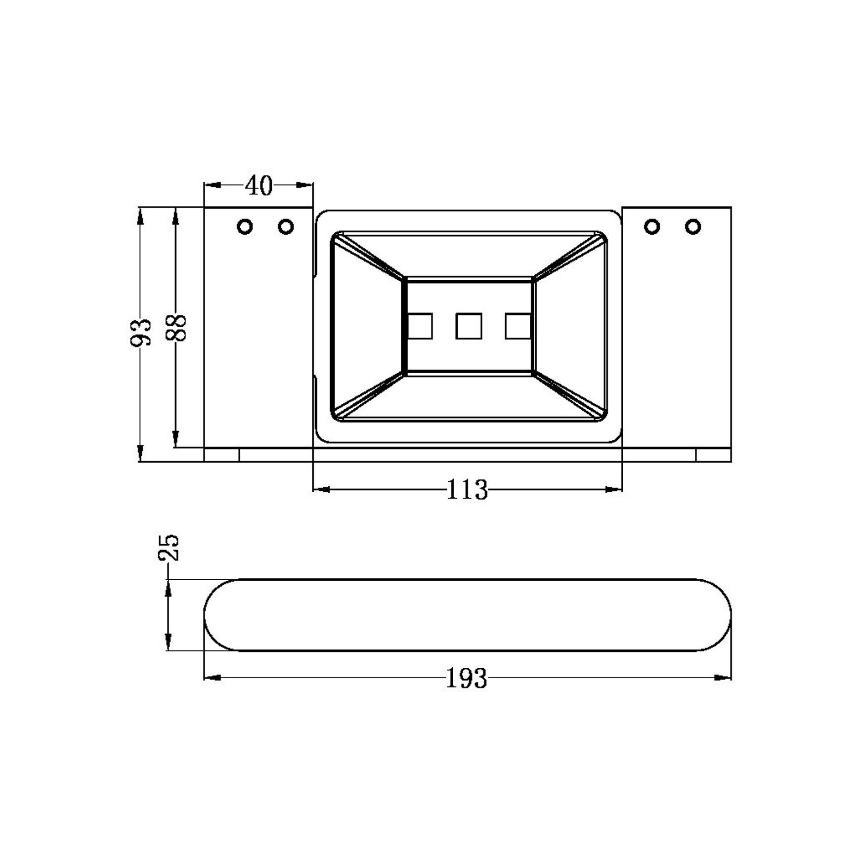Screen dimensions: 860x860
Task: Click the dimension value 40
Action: click(259, 186)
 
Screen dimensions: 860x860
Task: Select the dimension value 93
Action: click(140, 332)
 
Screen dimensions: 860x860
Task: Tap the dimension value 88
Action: click(176, 327)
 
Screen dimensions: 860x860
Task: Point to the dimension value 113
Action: click(467, 490)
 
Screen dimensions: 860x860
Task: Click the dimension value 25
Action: click(169, 547)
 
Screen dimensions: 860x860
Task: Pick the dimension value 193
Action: click(467, 678)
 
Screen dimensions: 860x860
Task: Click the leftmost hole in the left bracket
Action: click(245, 227)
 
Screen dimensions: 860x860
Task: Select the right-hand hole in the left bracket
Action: click(286, 227)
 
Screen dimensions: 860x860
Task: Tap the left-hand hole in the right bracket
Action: click(652, 226)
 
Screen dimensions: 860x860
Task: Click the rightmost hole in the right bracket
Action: click(693, 226)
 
